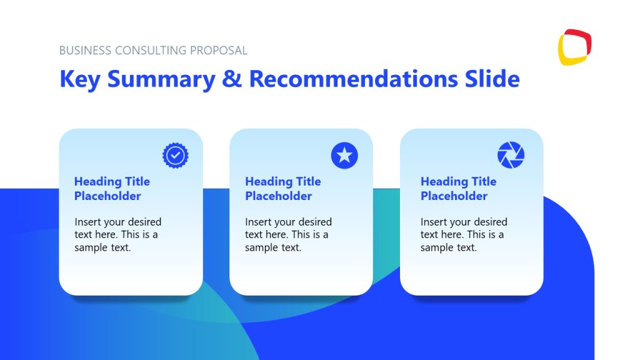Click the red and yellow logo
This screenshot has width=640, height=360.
[x=574, y=47]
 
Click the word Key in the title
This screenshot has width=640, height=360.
[x=80, y=79]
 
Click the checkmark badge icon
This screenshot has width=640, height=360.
[x=176, y=155]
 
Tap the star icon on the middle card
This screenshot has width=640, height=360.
[x=344, y=155]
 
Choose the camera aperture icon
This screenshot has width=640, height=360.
[x=511, y=155]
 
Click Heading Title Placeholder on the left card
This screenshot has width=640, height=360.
[x=112, y=189]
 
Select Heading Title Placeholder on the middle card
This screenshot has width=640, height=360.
[x=282, y=189]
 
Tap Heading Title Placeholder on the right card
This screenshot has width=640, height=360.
[x=458, y=189]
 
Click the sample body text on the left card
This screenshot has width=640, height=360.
[x=117, y=234]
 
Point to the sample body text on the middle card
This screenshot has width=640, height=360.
[x=288, y=234]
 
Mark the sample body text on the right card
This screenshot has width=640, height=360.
[x=464, y=234]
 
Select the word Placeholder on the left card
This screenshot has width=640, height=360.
[x=107, y=196]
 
